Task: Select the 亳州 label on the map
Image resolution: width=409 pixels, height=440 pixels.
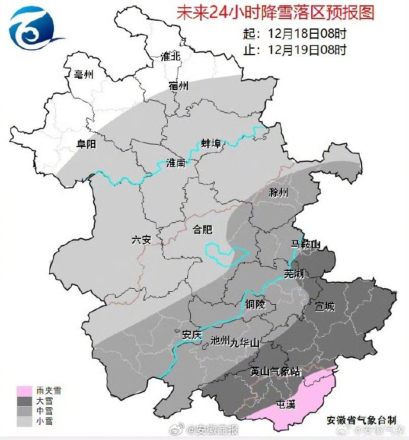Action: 76,74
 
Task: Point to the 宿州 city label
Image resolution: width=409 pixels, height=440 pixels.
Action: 178,86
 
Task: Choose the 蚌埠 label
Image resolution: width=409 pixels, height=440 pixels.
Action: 210,144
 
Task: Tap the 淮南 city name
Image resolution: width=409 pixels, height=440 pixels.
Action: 176,163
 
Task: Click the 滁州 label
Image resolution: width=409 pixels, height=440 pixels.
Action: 278,193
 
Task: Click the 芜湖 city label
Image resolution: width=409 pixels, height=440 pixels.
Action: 293,273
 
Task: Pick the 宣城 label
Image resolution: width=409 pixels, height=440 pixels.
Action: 325,307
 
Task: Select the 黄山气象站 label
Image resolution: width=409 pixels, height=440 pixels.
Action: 276,372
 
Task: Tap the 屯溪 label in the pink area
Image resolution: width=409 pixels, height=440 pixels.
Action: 286,406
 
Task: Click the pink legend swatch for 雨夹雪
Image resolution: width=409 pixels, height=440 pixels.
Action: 24,391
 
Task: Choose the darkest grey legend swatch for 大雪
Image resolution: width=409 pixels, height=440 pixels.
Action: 24,401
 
